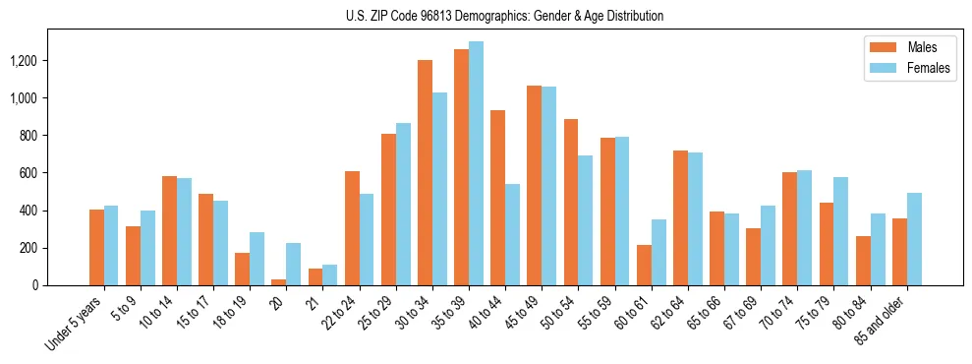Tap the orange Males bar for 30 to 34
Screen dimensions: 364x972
point(425,172)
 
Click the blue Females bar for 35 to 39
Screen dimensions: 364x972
point(476,163)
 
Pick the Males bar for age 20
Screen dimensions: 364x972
point(279,282)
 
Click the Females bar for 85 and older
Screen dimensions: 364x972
point(914,239)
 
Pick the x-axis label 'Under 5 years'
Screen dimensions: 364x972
point(74,324)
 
